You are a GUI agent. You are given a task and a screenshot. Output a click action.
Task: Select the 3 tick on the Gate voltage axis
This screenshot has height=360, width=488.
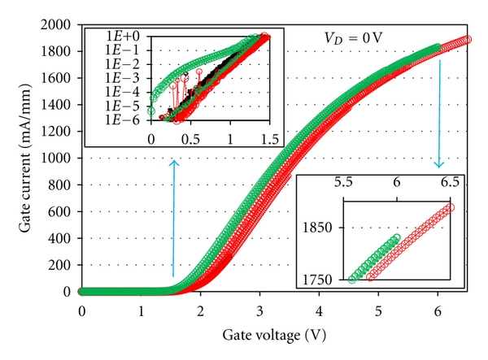259,311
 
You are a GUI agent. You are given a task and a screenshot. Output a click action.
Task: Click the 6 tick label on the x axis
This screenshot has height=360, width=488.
438,311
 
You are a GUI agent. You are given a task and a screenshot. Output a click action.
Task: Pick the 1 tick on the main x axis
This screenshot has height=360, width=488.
141,311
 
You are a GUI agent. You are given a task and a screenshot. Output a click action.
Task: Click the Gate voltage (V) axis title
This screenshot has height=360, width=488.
259,334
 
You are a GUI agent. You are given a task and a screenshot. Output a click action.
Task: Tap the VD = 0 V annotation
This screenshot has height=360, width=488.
350,38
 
